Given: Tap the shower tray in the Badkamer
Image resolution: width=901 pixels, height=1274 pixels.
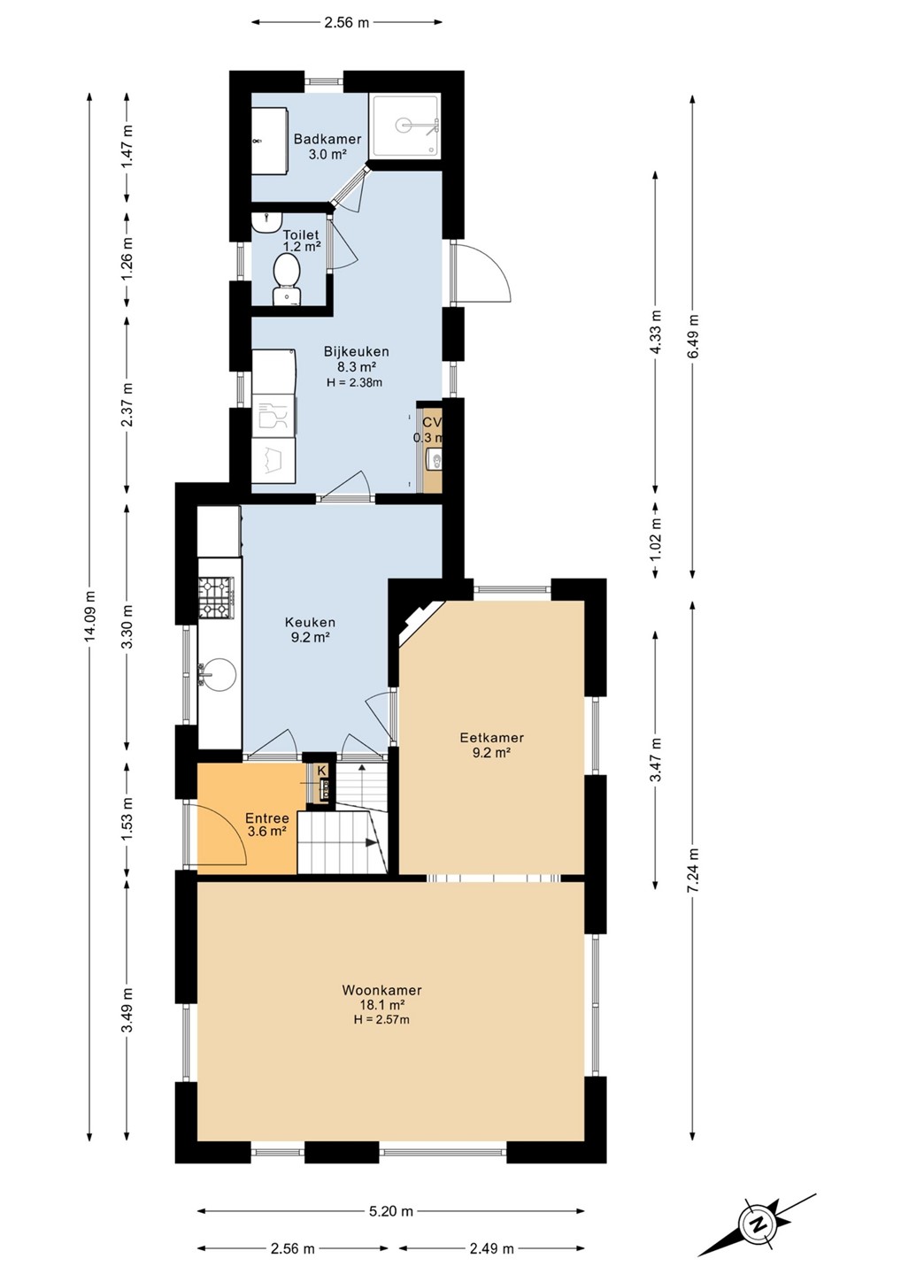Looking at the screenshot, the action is [405, 127].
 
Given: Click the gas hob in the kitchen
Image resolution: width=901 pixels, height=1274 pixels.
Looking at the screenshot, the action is [217, 598].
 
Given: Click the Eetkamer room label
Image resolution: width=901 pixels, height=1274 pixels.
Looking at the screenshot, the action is [491, 738].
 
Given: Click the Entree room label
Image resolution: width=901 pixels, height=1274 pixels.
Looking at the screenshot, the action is [266, 818].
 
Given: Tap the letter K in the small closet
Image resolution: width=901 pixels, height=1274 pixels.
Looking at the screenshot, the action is [321, 771].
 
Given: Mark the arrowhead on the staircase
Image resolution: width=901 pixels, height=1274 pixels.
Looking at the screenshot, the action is [372, 843].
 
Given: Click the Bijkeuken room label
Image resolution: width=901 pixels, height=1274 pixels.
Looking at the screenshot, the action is [356, 351].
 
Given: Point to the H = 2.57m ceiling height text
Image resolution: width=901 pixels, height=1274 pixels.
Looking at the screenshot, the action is [381, 1019].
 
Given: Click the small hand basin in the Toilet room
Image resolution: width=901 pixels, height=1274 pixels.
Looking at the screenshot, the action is [267, 221].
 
